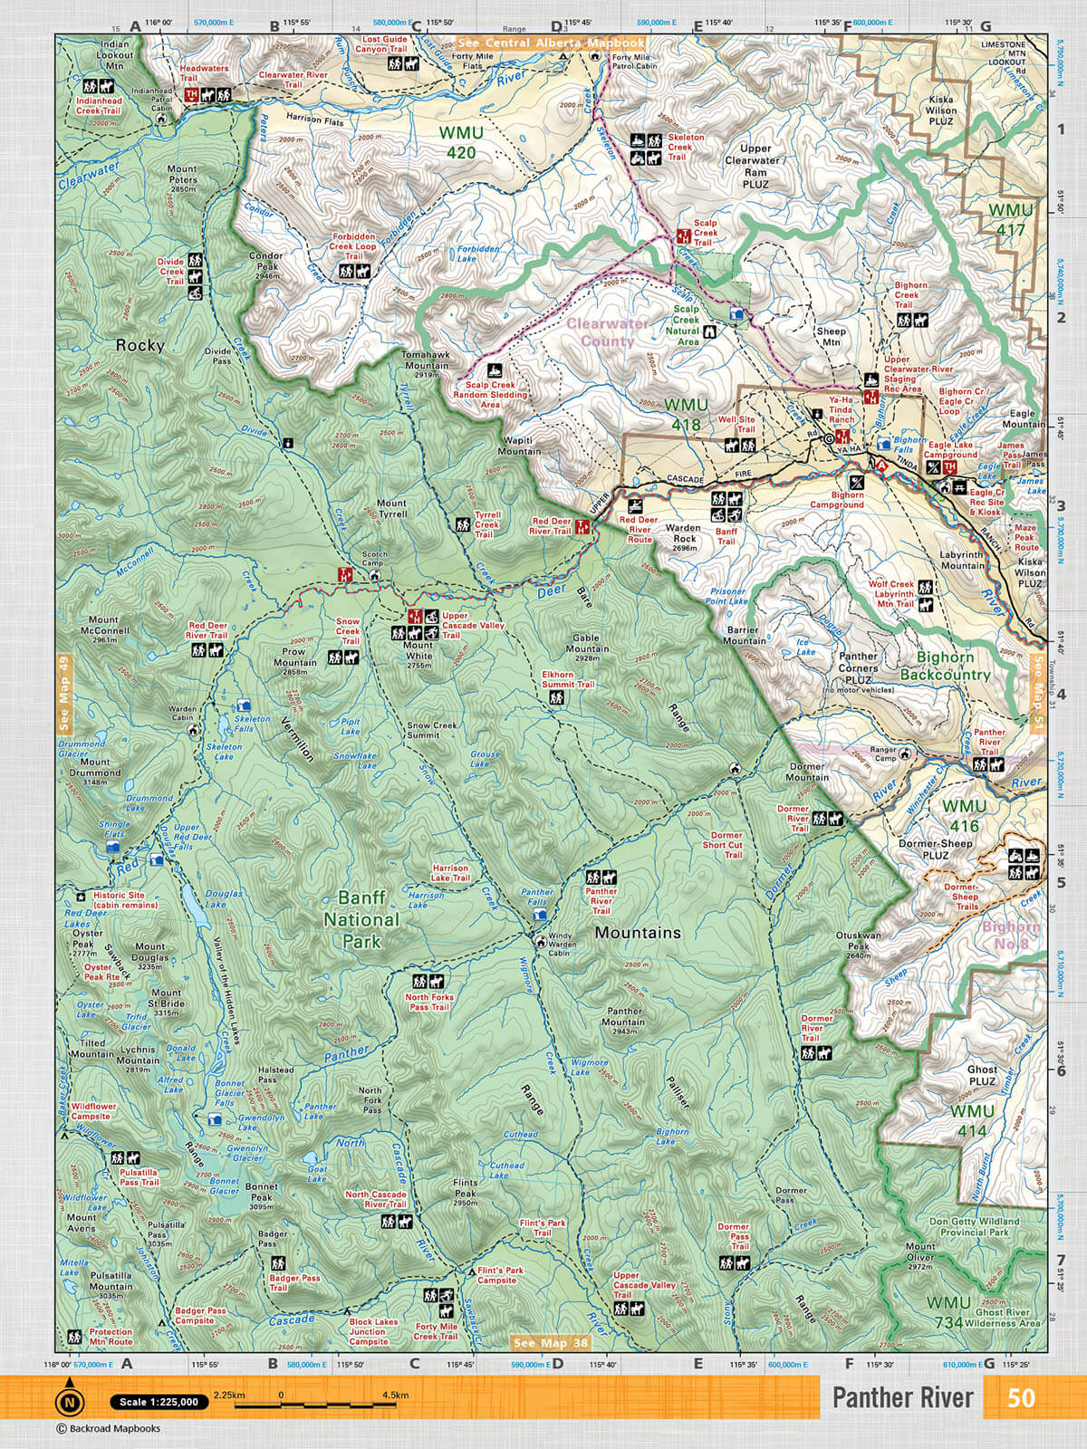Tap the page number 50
[1021, 1397]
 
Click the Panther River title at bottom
[902, 1397]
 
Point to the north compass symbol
[70, 1401]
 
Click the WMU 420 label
[460, 142]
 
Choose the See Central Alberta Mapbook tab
[552, 43]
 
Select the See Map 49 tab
[63, 692]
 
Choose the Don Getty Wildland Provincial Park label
[974, 1226]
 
